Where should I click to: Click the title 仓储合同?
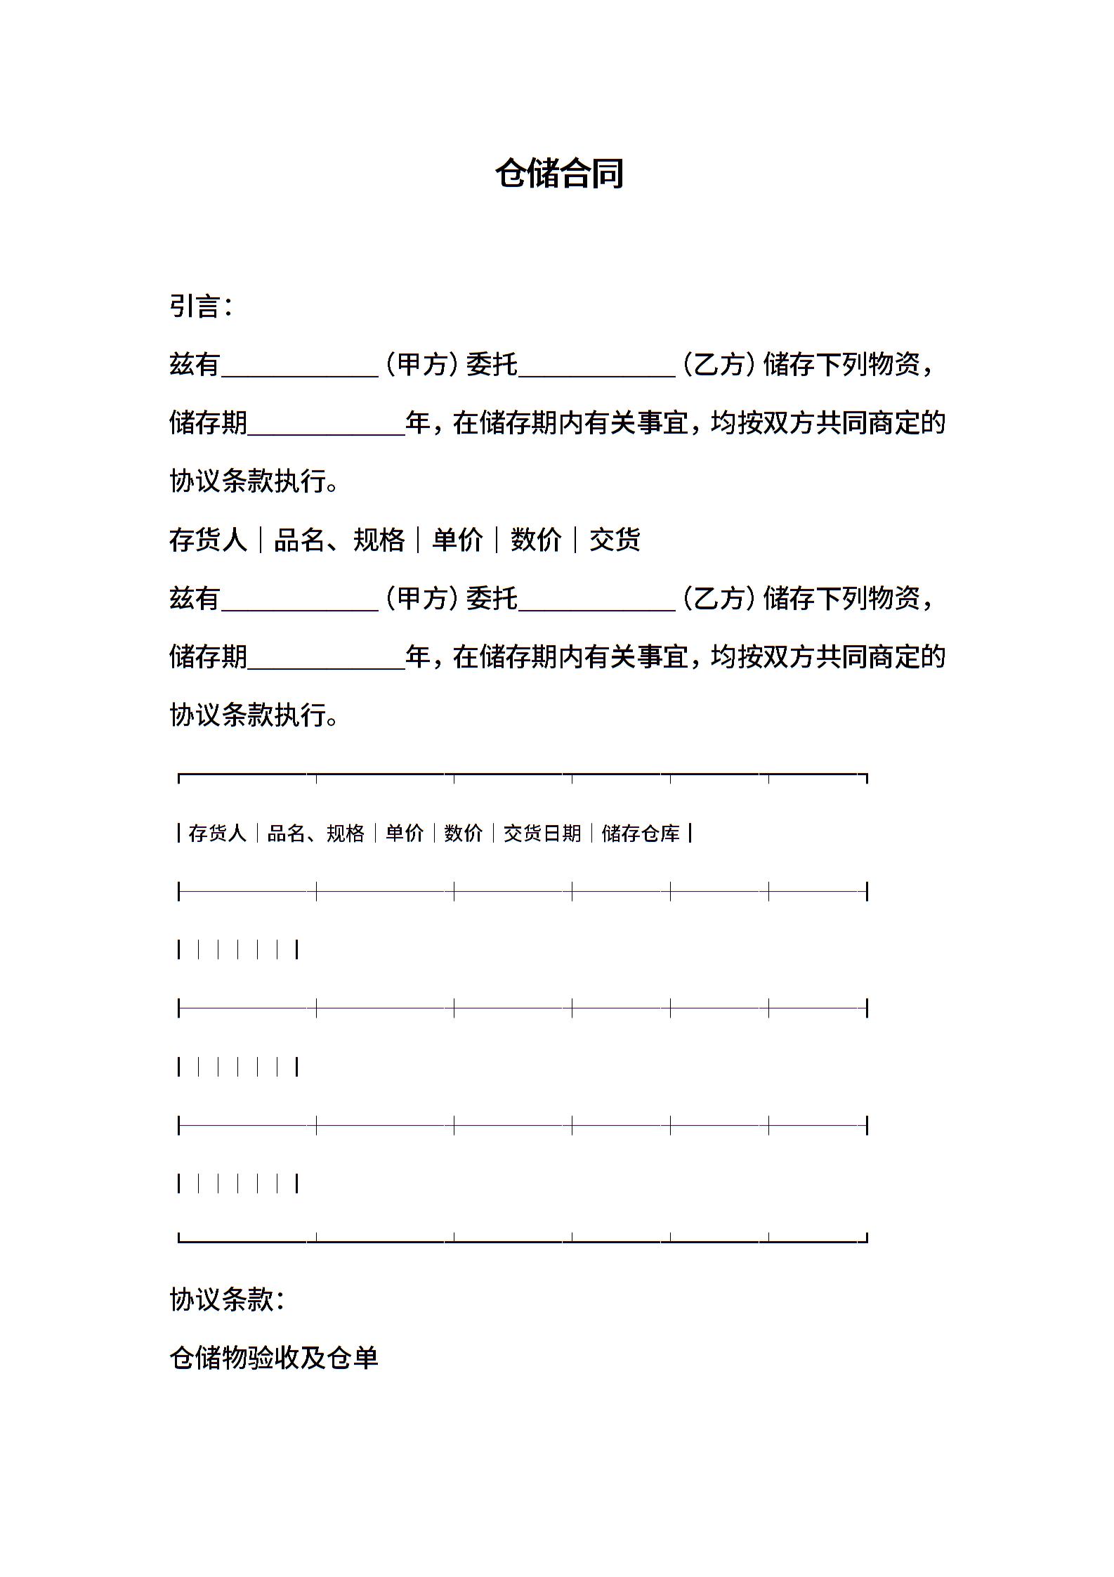point(559,174)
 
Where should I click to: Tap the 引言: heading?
point(200,306)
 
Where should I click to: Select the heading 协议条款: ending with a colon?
point(227,1299)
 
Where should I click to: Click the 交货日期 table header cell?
point(542,833)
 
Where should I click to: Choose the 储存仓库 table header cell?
point(641,833)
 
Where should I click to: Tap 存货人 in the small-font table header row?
point(217,833)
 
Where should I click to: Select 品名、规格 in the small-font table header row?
point(316,833)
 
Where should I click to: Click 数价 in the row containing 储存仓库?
point(464,833)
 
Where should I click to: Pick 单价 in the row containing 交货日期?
point(405,833)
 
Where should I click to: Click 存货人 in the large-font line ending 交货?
point(208,540)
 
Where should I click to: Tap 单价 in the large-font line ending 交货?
point(457,540)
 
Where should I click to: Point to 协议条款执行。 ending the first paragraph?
point(254,481)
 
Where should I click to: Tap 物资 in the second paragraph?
point(893,599)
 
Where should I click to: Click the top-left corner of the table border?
point(179,775)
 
